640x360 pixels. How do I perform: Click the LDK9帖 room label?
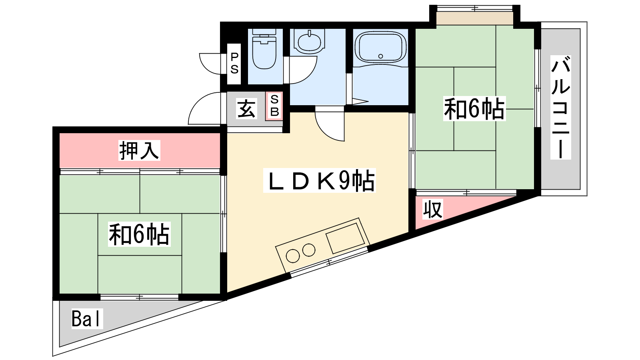pos(320,180)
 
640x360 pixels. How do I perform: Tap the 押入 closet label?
pos(139,150)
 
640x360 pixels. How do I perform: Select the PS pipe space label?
pos(234,64)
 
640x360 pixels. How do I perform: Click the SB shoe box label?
pos(274,106)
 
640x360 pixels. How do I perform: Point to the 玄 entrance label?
pos(246,108)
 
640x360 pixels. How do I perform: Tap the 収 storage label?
pos(433,209)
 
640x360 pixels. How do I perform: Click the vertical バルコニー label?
pos(560,108)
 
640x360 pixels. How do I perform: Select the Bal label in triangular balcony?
pos(87,319)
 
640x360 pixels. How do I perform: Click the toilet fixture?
pos(264,49)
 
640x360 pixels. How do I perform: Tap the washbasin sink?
pos(310,42)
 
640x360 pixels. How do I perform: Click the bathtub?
pos(380,47)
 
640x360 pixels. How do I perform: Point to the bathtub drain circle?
pos(380,56)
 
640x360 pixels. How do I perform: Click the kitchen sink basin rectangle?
pos(346,238)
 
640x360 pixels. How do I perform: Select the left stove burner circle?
pos(293,256)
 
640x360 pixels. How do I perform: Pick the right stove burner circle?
pos(308,250)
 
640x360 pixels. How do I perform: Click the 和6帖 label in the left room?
pos(139,234)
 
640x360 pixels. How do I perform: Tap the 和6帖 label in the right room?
pos(474,108)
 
